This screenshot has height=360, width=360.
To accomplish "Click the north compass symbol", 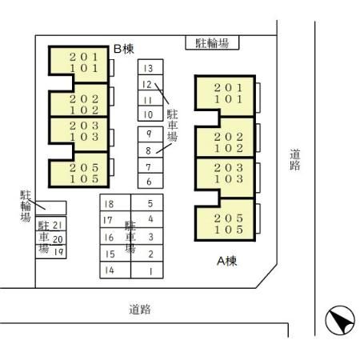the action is tap(340, 320).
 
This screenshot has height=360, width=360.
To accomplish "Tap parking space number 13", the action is tap(150, 67).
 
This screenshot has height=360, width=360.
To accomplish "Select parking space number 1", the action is tap(147, 270).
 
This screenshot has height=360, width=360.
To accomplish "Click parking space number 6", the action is tap(150, 181).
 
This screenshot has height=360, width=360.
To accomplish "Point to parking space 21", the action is tap(51, 223).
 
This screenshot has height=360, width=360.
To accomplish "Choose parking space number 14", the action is tap(115, 270).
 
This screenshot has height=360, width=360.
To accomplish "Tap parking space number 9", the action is tap(150, 134).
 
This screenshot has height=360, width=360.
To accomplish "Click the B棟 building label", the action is tap(124, 49).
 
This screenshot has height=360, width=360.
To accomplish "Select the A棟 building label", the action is tap(227, 261).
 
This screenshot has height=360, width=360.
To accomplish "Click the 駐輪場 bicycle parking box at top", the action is tap(212, 42).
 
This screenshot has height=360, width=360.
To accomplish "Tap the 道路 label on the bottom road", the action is tap(140, 310).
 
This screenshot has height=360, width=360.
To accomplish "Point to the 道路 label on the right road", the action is tap(295, 160).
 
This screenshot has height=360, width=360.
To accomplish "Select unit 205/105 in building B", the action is tap(78, 170).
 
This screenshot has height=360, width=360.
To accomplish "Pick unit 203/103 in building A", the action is tap(226, 178).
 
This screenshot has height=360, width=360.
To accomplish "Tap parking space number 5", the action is tap(147, 202).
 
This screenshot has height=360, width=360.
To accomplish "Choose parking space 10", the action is tap(150, 114).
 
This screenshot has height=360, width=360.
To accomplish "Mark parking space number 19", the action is tap(51, 252).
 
